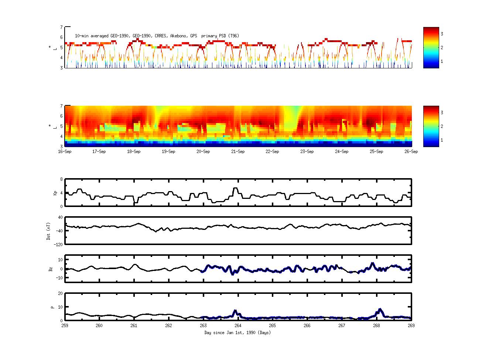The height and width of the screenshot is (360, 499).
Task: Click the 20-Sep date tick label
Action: [x=203, y=152]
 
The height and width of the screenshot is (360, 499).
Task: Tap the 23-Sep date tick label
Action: [x=307, y=152]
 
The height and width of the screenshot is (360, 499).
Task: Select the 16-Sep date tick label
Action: [x=65, y=152]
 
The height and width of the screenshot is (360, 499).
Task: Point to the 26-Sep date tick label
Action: [x=411, y=152]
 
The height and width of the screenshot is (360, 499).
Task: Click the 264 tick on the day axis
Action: [x=238, y=326]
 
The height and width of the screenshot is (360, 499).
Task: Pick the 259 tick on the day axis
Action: [x=65, y=326]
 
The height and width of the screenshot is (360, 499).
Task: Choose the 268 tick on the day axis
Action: [x=376, y=326]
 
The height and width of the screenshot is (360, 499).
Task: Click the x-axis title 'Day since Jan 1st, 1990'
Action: [x=237, y=333]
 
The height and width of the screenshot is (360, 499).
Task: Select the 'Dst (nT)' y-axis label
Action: [x=48, y=231]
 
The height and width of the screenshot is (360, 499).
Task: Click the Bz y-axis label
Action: [x=51, y=269]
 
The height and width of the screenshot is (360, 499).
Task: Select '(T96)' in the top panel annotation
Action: [x=233, y=36]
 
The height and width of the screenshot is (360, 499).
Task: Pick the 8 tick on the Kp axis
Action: [x=61, y=179]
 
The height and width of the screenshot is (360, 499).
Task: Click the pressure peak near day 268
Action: [x=380, y=309]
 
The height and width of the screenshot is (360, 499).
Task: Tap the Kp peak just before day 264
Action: [x=235, y=188]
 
